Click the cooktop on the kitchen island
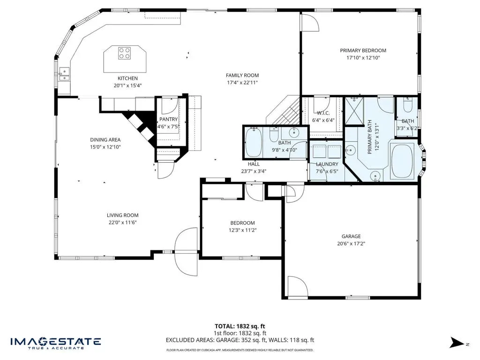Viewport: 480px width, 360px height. pyautogui.click(x=125, y=53)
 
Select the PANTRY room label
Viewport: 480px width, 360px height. pyautogui.click(x=168, y=119)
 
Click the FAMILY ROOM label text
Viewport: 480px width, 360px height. pyautogui.click(x=242, y=75)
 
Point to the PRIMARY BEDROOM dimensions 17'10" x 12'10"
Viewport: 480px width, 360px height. pyautogui.click(x=363, y=58)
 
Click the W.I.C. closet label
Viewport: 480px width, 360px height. pyautogui.click(x=323, y=113)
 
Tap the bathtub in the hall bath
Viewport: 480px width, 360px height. pyautogui.click(x=254, y=142)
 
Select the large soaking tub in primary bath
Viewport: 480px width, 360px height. pyautogui.click(x=402, y=161)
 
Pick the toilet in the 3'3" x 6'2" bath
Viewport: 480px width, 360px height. pyautogui.click(x=407, y=105)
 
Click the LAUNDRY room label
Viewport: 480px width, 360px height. pyautogui.click(x=327, y=165)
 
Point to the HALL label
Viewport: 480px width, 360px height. pyautogui.click(x=254, y=164)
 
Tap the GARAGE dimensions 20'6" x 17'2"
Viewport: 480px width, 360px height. pyautogui.click(x=351, y=244)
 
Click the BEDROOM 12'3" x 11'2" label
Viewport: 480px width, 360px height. pyautogui.click(x=242, y=223)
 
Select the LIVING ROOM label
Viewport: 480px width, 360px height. pyautogui.click(x=122, y=216)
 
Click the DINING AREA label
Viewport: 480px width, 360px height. pyautogui.click(x=105, y=140)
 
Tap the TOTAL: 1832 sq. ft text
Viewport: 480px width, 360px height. pyautogui.click(x=240, y=326)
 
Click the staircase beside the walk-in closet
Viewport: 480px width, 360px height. pyautogui.click(x=284, y=112)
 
